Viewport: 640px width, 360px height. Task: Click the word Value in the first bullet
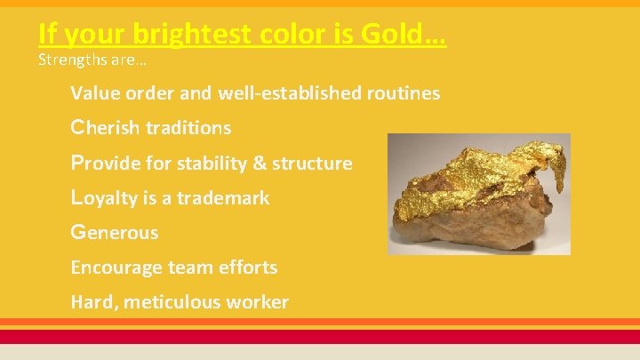pyautogui.click(x=93, y=93)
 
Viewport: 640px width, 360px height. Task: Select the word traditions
pyautogui.click(x=188, y=128)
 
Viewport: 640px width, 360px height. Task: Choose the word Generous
pyautogui.click(x=115, y=233)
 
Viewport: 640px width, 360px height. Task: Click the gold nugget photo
pyautogui.click(x=478, y=194)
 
